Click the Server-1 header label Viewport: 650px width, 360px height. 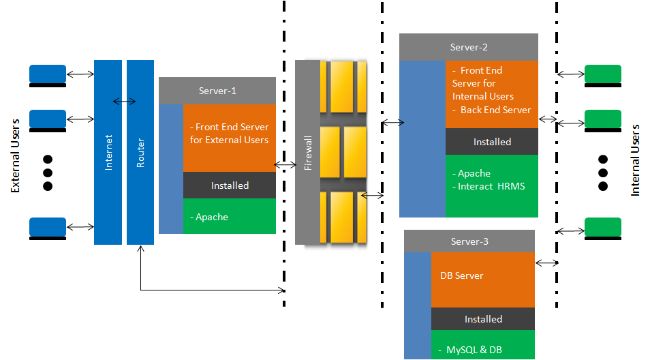point(217,91)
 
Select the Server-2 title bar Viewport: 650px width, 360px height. point(469,47)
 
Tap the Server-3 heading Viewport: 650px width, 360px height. point(469,241)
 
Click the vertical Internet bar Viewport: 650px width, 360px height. point(108,152)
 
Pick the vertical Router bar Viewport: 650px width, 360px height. point(140,152)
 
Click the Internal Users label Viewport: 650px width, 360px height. point(635,160)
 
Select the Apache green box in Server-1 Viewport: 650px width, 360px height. point(229,217)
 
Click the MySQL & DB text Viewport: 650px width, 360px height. point(474,350)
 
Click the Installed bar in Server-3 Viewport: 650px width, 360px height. point(483,319)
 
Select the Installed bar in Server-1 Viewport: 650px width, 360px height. point(230,185)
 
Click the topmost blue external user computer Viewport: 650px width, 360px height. point(48,74)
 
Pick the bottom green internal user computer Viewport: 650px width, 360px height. point(603,227)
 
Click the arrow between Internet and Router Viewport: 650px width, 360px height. point(124,102)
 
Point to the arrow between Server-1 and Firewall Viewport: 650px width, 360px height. point(285,165)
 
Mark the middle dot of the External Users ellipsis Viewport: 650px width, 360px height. point(48,172)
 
